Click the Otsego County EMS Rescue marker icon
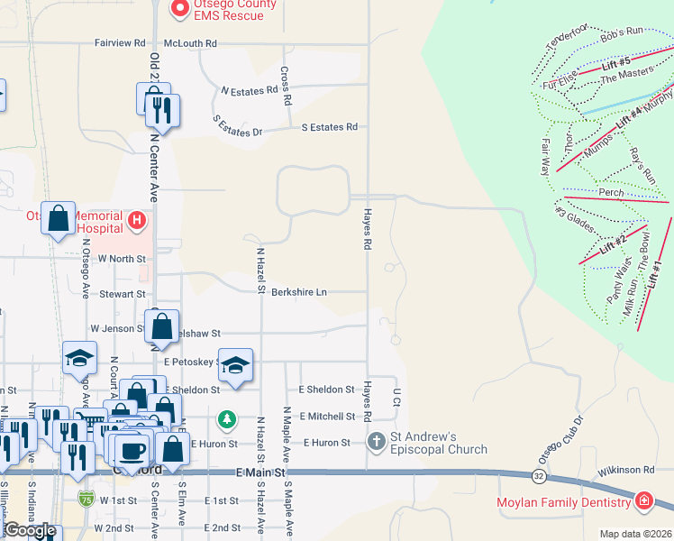tap(179, 9)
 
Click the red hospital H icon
tap(136, 219)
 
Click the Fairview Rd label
tap(120, 42)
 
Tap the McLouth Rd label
tap(190, 42)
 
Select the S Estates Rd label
tap(329, 127)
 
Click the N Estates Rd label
tap(249, 91)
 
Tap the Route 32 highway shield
tap(537, 474)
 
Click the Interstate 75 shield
tap(86, 499)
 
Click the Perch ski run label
tap(610, 193)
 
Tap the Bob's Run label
tap(622, 32)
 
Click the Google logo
tap(30, 530)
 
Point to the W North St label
tap(121, 258)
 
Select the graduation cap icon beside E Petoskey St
tap(235, 364)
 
